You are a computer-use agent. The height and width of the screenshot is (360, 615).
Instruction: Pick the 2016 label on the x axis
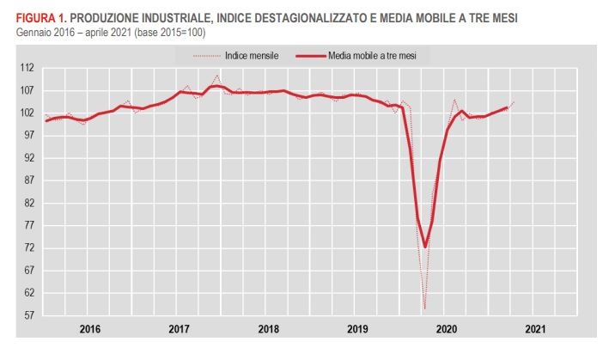[90, 328]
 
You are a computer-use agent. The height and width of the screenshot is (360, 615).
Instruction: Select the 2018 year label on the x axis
[268, 328]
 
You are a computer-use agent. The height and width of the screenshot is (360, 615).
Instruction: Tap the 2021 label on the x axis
[533, 328]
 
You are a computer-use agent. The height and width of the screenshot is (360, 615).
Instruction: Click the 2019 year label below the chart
[356, 328]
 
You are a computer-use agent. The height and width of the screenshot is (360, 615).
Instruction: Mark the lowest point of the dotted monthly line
[424, 308]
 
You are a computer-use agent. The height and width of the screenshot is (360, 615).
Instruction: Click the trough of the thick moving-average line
[424, 247]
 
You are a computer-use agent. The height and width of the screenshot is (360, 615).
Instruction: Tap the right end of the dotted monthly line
[514, 102]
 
